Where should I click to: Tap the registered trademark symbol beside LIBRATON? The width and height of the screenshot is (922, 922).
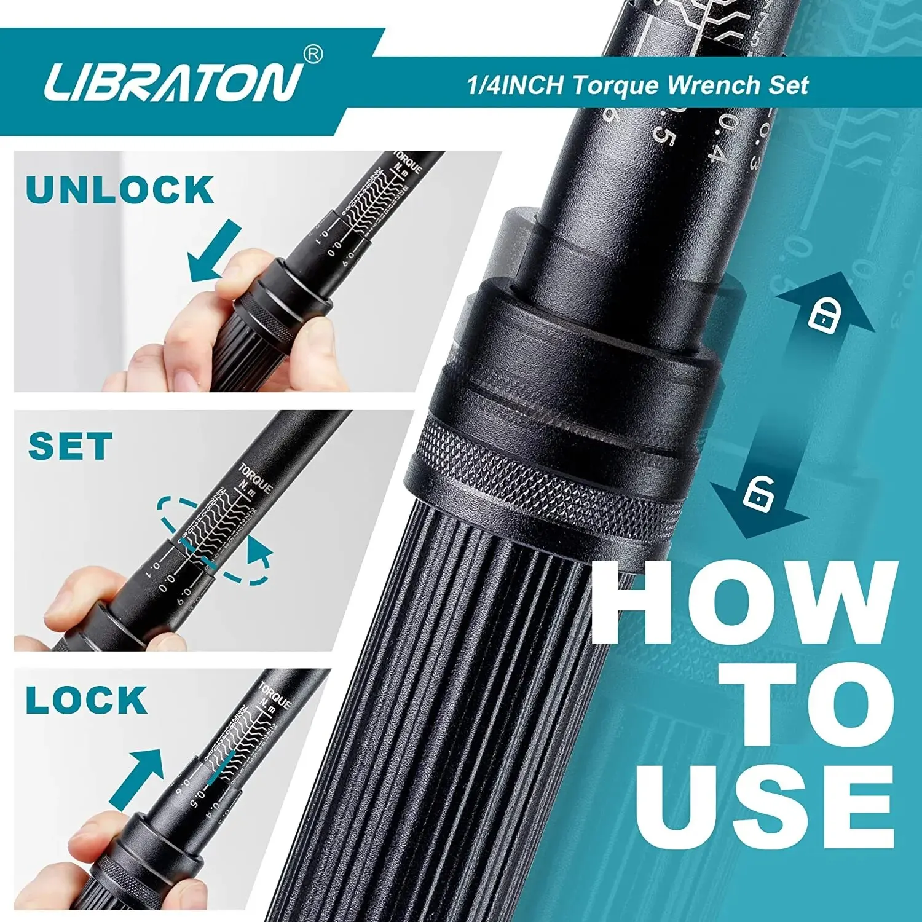[x=313, y=55]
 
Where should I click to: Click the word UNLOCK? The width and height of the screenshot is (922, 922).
[x=119, y=190]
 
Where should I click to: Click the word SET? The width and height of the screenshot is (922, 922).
[x=70, y=447]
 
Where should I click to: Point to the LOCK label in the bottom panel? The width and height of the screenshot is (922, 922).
[x=86, y=700]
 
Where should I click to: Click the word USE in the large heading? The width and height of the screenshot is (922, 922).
[x=765, y=806]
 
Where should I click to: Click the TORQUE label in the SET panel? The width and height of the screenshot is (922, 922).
[x=254, y=478]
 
